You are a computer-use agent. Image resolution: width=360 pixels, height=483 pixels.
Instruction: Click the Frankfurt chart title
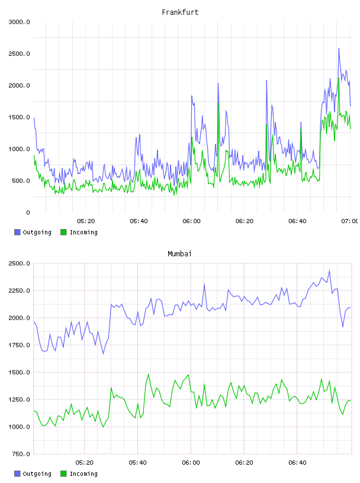(180, 12)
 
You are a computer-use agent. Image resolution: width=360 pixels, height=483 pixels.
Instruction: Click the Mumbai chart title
(179, 254)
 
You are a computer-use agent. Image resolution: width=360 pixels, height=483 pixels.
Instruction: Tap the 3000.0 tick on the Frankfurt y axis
(19, 22)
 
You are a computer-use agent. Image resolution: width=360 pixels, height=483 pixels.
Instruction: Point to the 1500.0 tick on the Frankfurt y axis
(19, 117)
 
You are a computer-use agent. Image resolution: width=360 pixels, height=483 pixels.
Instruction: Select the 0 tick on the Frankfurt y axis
(28, 212)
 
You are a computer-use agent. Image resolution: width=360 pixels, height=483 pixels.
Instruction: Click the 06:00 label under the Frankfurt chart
(191, 221)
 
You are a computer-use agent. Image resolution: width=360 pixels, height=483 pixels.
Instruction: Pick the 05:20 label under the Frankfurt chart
(86, 221)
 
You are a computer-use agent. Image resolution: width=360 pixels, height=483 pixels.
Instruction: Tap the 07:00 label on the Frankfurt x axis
(350, 221)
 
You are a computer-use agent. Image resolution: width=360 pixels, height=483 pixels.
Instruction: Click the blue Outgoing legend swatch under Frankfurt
(17, 232)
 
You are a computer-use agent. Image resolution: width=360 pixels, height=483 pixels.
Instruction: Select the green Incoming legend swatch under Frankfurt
(63, 232)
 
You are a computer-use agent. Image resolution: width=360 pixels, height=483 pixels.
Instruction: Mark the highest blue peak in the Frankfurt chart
(339, 49)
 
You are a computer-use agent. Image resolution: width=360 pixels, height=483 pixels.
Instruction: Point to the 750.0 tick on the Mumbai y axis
(19, 454)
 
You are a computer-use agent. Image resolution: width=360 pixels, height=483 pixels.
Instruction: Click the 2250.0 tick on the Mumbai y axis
(19, 291)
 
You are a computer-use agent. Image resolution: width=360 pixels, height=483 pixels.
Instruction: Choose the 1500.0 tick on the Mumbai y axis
(19, 372)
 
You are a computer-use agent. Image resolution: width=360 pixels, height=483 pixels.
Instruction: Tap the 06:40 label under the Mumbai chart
(297, 463)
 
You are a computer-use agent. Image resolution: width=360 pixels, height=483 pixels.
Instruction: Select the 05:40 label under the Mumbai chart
(138, 463)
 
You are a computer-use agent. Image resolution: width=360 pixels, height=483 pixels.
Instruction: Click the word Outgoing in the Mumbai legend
(37, 474)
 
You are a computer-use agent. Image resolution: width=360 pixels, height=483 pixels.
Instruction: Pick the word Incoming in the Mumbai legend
(83, 474)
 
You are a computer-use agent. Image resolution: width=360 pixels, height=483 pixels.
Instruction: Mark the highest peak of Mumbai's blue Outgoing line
(329, 271)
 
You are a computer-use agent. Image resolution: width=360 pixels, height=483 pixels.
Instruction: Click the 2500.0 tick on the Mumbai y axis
(19, 263)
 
